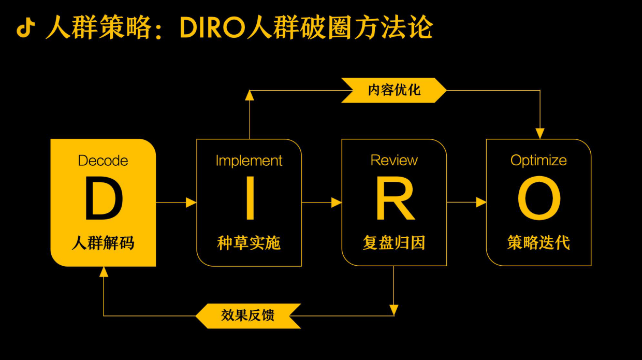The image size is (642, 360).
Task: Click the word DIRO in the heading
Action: point(213,28)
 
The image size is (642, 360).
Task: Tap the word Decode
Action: point(103,161)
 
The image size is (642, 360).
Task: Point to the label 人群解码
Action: point(103,242)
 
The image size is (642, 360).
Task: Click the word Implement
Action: point(249,161)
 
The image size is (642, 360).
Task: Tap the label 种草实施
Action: point(249,242)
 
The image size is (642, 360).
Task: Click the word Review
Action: point(394,161)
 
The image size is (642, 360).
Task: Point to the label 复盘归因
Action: point(394,242)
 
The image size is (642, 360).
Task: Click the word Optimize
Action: point(538,161)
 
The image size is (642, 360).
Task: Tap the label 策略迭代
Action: point(538,242)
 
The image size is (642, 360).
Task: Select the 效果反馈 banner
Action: point(248,315)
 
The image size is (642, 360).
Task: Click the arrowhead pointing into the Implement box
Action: point(191,203)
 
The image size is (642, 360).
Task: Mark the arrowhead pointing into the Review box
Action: point(337,203)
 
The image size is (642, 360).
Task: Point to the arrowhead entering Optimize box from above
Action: point(540,134)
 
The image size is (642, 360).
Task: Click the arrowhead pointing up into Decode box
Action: point(104,271)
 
